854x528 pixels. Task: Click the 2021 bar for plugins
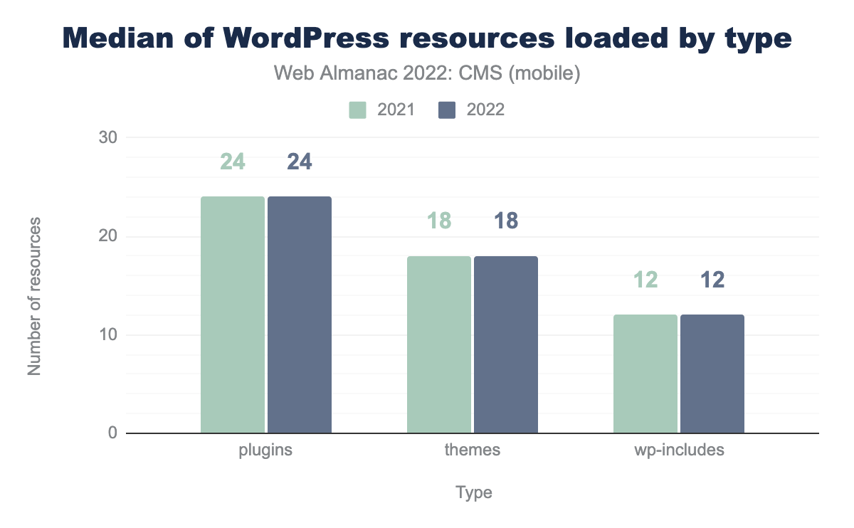(x=233, y=315)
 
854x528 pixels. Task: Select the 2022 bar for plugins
(x=300, y=315)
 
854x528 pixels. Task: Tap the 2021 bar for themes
(x=439, y=344)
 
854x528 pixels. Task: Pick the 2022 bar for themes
(x=506, y=344)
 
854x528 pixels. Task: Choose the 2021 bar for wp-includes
(x=645, y=374)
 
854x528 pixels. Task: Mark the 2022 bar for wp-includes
(x=712, y=374)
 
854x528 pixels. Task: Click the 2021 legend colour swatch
(x=357, y=110)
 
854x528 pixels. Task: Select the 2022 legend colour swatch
(x=447, y=110)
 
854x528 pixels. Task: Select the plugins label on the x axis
(x=266, y=450)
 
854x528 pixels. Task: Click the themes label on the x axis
(x=473, y=450)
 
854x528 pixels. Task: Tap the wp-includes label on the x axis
(x=679, y=450)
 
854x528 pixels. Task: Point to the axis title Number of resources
(x=33, y=295)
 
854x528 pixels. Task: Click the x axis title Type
(x=474, y=492)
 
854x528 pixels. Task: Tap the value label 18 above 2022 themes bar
(x=506, y=221)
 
